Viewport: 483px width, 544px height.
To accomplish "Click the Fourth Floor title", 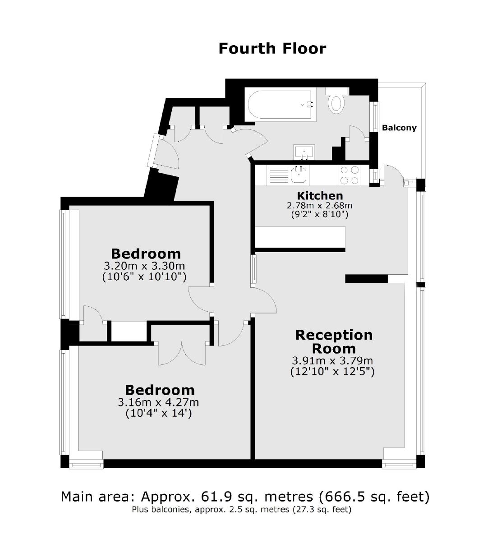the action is pyautogui.click(x=272, y=49).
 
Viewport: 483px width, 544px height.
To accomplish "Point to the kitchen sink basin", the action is pyautogui.click(x=299, y=175).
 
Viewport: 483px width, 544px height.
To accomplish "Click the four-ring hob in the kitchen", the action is pyautogui.click(x=349, y=175).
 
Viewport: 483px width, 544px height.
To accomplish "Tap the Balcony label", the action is pyautogui.click(x=399, y=128).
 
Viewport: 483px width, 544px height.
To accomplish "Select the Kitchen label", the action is pyautogui.click(x=320, y=195).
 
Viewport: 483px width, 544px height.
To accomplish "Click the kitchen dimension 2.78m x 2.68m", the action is pyautogui.click(x=319, y=205).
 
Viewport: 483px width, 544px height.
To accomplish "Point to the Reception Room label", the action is pyautogui.click(x=334, y=342).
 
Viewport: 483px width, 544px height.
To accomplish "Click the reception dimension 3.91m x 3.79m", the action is pyautogui.click(x=332, y=360).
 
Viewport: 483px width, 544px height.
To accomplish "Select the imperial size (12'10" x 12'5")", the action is pyautogui.click(x=332, y=372).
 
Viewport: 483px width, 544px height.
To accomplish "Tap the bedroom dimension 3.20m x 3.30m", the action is pyautogui.click(x=144, y=266).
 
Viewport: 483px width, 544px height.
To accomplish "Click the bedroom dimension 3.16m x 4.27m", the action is pyautogui.click(x=158, y=402).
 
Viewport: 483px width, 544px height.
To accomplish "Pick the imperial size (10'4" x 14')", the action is pyautogui.click(x=159, y=413).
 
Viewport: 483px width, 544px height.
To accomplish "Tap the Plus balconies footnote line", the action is pyautogui.click(x=241, y=509).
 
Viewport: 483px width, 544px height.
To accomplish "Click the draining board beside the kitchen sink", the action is pyautogui.click(x=278, y=175).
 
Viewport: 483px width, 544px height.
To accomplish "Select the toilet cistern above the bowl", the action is pyautogui.click(x=336, y=91).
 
